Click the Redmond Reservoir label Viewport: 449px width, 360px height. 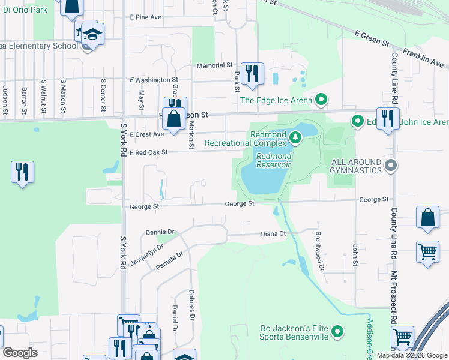pos(273,160)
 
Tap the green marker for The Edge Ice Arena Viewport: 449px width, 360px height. pos(321,100)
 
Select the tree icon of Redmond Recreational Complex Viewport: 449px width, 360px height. pos(295,138)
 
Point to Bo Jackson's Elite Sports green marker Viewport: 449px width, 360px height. pos(337,331)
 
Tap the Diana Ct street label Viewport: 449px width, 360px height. pos(271,234)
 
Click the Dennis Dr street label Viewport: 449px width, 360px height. pos(160,232)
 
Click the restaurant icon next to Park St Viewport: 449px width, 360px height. pos(252,73)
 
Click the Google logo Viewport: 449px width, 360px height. pos(20,353)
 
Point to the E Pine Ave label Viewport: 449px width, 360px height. pos(146,17)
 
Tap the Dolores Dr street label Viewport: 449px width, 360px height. pos(193,304)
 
